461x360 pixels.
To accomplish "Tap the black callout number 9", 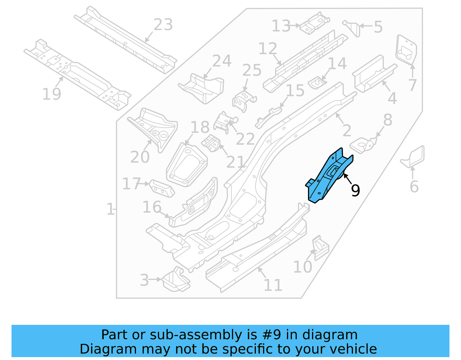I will (356, 191).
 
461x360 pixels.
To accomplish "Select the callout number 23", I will (163, 25).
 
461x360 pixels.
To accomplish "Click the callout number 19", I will (52, 94).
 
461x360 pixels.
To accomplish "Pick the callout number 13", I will (281, 26).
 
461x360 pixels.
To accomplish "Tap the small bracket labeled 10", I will (320, 248).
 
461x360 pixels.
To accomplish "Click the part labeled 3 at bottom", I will (175, 280).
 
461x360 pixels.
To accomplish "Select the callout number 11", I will (273, 286).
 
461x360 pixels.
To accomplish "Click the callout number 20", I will (140, 157).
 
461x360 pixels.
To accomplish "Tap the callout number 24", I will (222, 61).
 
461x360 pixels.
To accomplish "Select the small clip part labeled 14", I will (317, 83).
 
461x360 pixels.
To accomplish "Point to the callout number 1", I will (110, 209).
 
